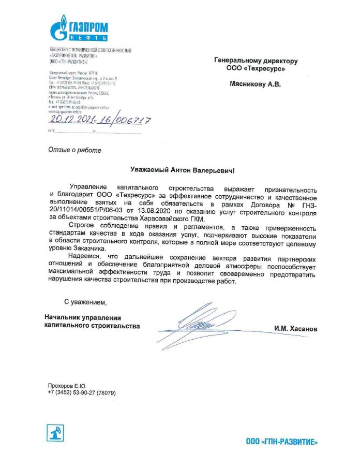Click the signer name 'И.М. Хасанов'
tap(296, 329)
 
